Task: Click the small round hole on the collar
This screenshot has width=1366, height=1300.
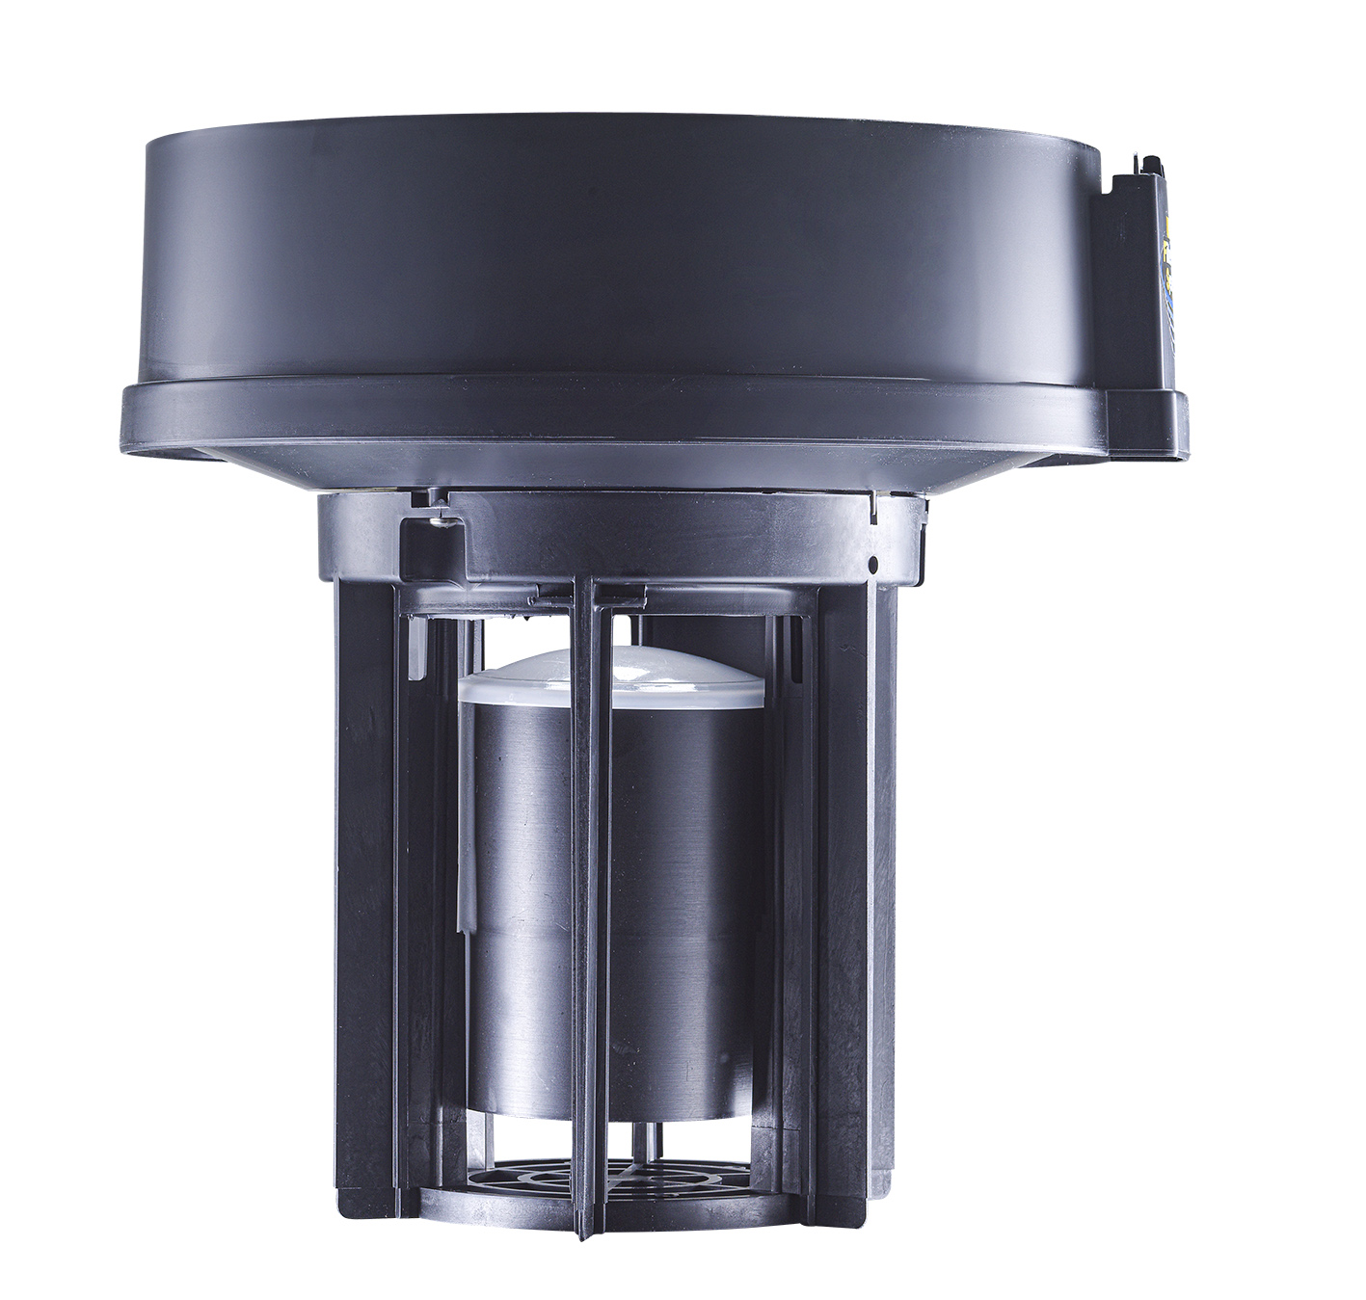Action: point(871,562)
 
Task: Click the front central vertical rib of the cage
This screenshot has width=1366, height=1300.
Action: point(587,867)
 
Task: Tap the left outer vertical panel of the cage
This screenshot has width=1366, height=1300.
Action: point(364,867)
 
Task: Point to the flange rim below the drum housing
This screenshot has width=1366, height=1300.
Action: point(617,414)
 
